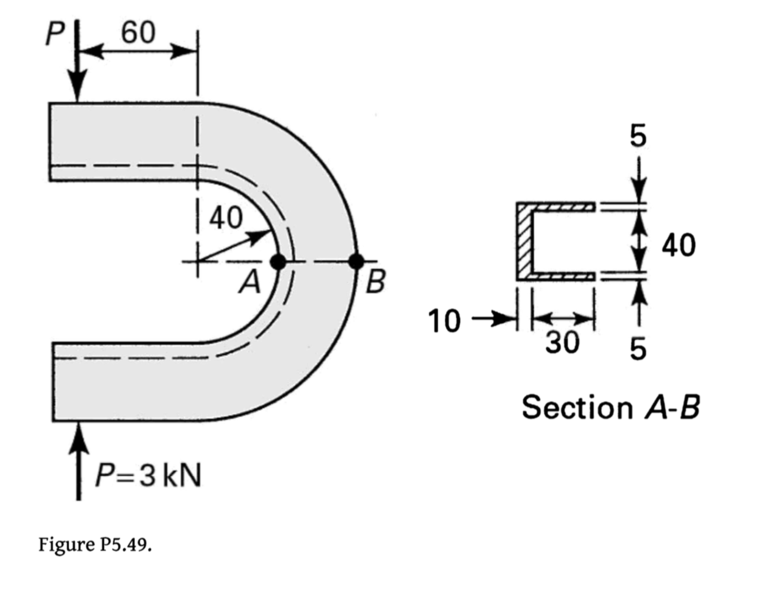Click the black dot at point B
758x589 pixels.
click(356, 261)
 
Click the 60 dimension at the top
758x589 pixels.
click(138, 33)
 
